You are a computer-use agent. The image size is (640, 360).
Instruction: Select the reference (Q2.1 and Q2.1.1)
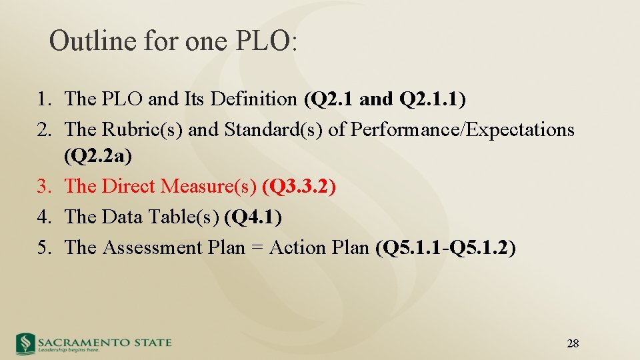[385, 99]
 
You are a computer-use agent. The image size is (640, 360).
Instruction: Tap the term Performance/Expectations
[462, 129]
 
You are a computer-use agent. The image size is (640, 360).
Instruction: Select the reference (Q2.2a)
[98, 157]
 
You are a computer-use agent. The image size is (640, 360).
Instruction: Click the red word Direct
[131, 187]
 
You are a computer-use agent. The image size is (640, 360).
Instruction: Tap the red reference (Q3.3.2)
[299, 187]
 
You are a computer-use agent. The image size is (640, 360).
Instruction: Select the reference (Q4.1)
[253, 217]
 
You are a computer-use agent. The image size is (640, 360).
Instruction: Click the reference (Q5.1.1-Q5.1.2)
[445, 247]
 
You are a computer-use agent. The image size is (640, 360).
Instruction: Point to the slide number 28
[572, 344]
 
